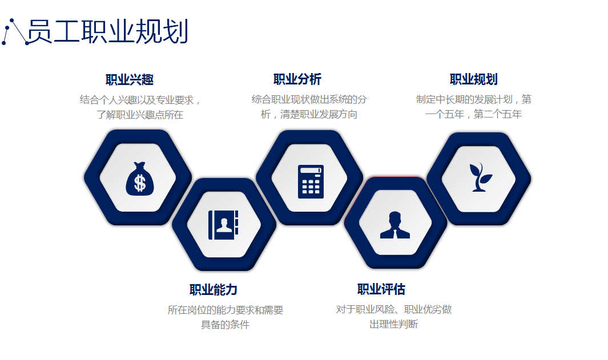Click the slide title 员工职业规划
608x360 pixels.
[x=108, y=31]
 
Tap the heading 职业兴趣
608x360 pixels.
[x=130, y=80]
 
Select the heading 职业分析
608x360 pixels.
[x=297, y=79]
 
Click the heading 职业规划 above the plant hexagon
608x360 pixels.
[x=473, y=79]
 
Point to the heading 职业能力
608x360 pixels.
[x=214, y=290]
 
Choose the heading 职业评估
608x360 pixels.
[x=381, y=289]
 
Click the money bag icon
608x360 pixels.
[x=140, y=179]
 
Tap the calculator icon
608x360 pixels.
[x=311, y=181]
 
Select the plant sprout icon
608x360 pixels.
[x=481, y=177]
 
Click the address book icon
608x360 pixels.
[x=223, y=225]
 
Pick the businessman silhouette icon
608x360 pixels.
[x=394, y=225]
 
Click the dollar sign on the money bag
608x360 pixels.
[x=140, y=183]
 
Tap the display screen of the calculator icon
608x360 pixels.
[x=311, y=171]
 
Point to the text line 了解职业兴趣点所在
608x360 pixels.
[x=140, y=115]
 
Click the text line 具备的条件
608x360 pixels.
[x=225, y=325]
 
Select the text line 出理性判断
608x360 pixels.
[x=393, y=324]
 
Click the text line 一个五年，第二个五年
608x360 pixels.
[x=473, y=114]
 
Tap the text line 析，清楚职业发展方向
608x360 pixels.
[x=309, y=114]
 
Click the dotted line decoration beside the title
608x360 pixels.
[x=14, y=32]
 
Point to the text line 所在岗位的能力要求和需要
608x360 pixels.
[x=226, y=310]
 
